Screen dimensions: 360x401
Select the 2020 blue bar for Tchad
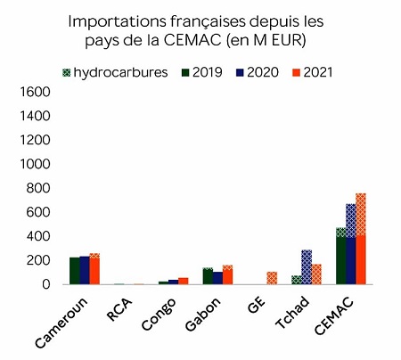306,267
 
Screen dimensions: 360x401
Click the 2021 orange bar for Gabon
228,274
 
